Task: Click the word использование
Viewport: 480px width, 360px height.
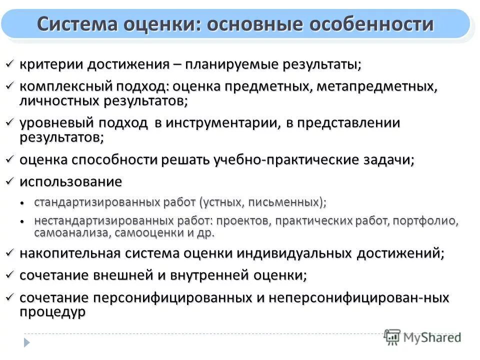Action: [x=70, y=181]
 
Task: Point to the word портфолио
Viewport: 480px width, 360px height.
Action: [x=433, y=221]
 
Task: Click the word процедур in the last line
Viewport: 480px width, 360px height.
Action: [x=52, y=311]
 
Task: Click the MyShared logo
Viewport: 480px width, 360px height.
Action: [x=422, y=336]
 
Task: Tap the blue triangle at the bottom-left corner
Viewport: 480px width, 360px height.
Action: [x=27, y=342]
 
